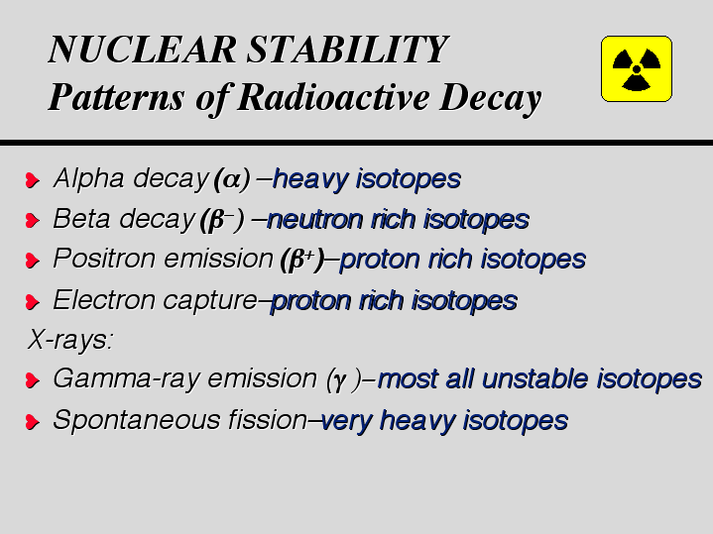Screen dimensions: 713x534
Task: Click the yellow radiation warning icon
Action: (637, 68)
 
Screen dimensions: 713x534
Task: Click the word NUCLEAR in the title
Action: (143, 50)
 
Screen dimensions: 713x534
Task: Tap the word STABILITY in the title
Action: (348, 50)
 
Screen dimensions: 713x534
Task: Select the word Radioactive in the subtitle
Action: (333, 97)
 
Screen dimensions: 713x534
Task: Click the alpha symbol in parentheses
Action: (232, 179)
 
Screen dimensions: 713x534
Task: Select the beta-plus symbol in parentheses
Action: (302, 260)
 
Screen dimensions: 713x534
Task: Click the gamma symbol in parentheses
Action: (344, 379)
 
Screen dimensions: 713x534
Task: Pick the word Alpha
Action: (88, 178)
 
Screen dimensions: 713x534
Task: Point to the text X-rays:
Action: (70, 340)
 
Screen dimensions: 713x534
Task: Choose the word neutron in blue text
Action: (314, 220)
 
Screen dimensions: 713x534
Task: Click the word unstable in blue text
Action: (535, 378)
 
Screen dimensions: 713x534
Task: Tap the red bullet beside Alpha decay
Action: (33, 180)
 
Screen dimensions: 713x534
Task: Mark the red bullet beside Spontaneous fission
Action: (33, 422)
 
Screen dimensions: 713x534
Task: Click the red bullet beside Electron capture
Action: (33, 302)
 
